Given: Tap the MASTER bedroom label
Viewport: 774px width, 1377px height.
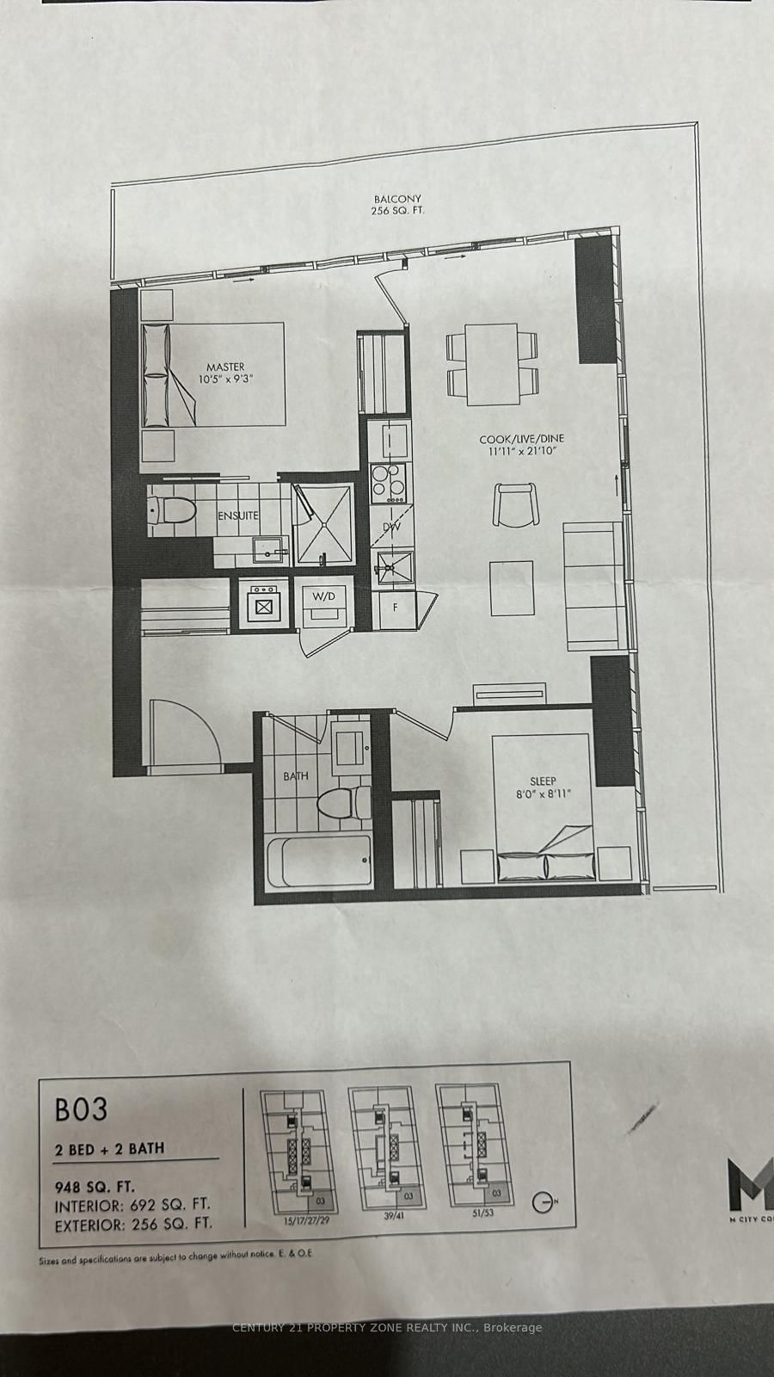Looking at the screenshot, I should [225, 367].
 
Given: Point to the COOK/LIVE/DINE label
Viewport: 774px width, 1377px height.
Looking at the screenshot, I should [522, 439].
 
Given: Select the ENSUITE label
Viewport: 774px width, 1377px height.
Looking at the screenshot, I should [238, 516].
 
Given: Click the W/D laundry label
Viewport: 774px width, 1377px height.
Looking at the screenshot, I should [322, 596].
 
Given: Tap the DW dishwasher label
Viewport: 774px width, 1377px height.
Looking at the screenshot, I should [392, 528].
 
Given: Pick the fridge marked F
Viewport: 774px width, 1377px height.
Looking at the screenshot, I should [395, 607].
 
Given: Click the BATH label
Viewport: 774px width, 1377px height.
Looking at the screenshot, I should [295, 775].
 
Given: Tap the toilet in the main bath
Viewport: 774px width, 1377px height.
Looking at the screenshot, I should [339, 806].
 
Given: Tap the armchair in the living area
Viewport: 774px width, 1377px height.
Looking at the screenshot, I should [516, 504].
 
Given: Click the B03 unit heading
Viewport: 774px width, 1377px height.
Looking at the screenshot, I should [82, 1109].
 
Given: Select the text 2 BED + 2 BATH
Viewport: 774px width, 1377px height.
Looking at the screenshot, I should [109, 1148].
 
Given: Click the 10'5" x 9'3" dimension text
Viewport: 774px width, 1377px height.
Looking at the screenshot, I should [225, 380].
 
